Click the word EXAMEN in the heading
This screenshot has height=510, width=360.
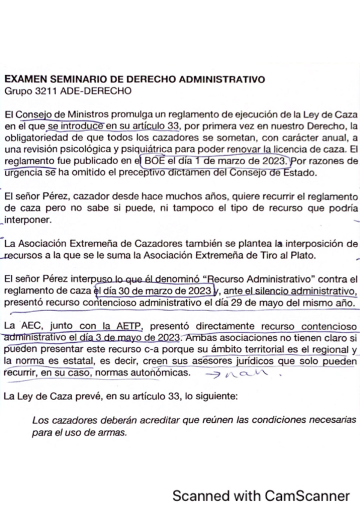(x=24, y=79)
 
